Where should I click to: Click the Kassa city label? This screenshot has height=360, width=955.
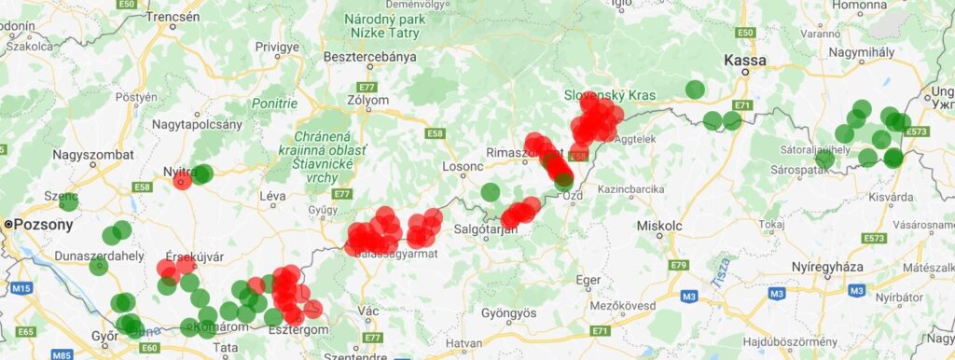pos(745,61)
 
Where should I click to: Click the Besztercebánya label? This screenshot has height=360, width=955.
pos(369,57)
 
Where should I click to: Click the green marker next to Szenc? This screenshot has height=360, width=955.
pos(68,201)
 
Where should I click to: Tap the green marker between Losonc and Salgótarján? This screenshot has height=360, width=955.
pos(491,192)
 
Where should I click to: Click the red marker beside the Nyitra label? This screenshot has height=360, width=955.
pos(183,180)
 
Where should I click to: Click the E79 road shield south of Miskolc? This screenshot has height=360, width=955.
pos(678,267)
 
